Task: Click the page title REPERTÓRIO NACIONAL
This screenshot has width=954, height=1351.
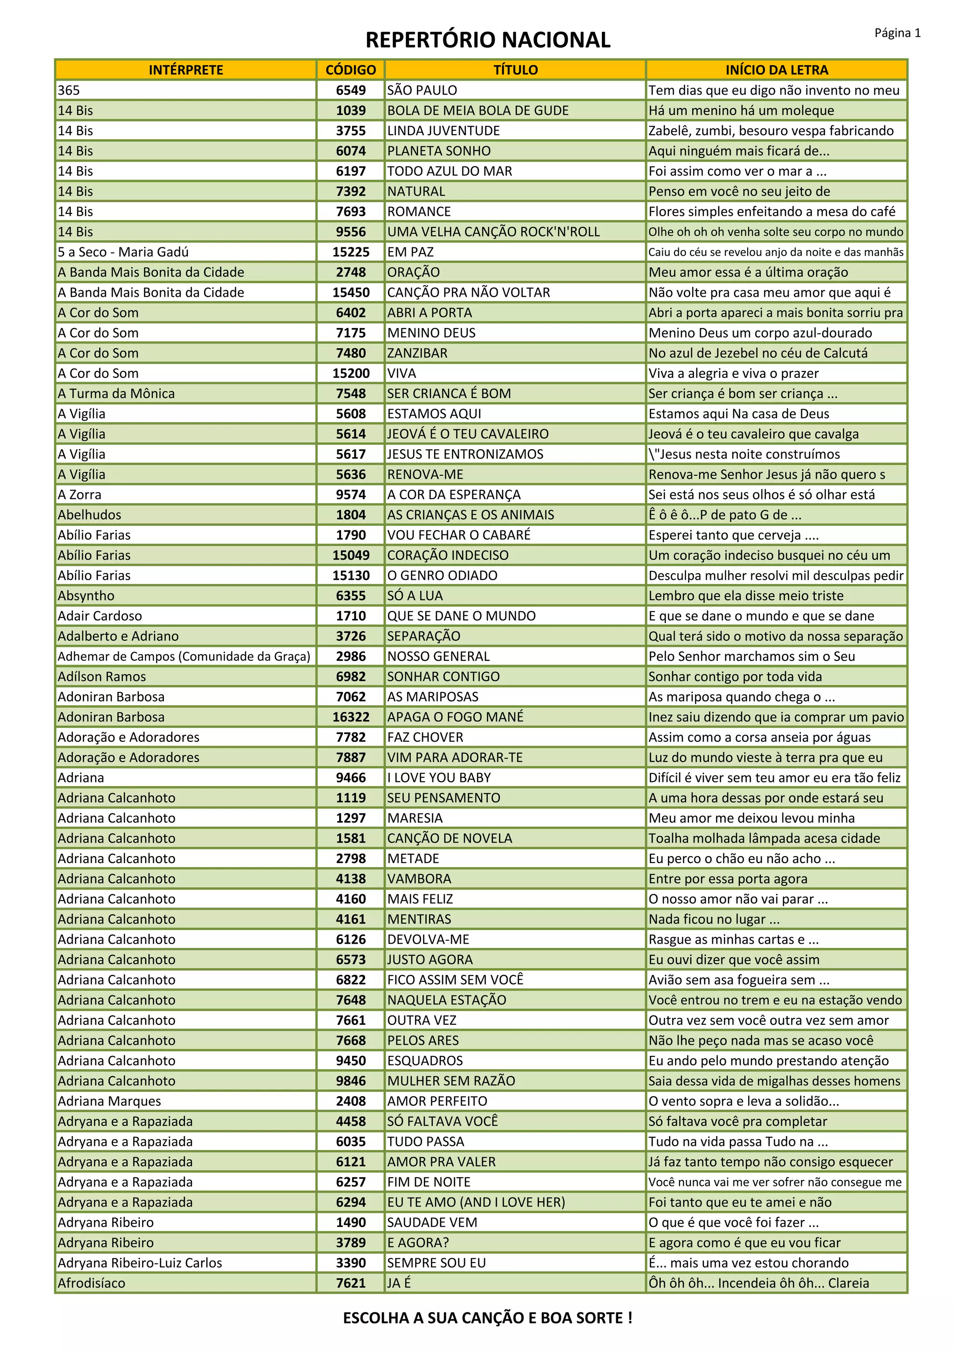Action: [488, 40]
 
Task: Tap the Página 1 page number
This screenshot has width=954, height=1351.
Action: [897, 33]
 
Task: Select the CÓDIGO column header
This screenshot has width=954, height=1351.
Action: [351, 70]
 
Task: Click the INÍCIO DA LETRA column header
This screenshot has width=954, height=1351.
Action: [777, 70]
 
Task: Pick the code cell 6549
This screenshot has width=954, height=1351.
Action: [351, 90]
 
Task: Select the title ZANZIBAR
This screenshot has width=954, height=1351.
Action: [417, 353]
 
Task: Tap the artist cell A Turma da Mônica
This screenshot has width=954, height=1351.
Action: [116, 394]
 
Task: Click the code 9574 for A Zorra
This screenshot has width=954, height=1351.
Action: [351, 494]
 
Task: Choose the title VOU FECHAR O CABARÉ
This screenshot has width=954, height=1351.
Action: [459, 535]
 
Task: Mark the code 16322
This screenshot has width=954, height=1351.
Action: [351, 717]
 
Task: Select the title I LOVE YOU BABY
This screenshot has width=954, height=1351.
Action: [439, 777]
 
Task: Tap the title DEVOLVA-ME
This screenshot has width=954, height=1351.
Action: [428, 939]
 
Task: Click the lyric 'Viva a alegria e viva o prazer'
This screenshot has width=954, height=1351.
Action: [734, 373]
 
